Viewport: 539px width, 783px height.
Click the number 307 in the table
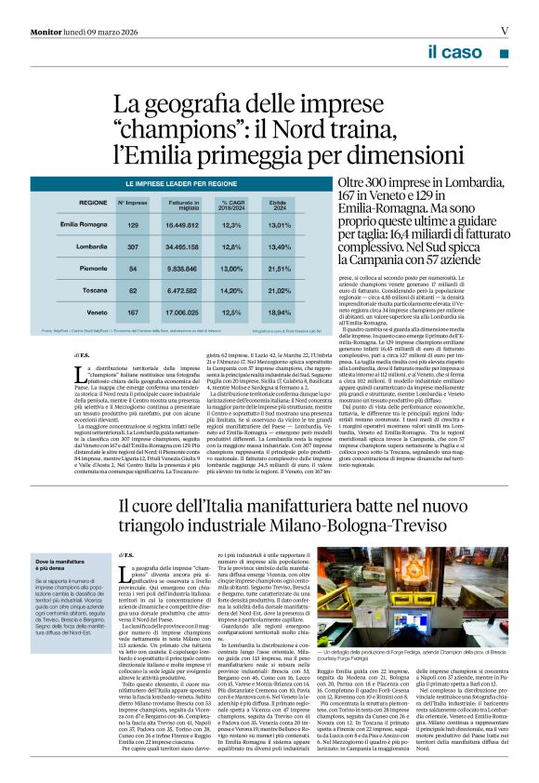click(x=133, y=246)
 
